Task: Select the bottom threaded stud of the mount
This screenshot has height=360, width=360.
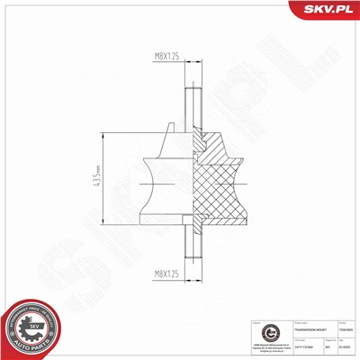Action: pos(195,245)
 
